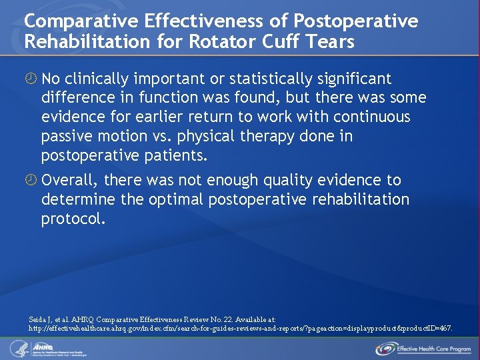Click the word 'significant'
click(354, 79)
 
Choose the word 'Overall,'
click(70, 180)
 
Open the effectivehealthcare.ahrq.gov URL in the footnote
click(241, 329)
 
